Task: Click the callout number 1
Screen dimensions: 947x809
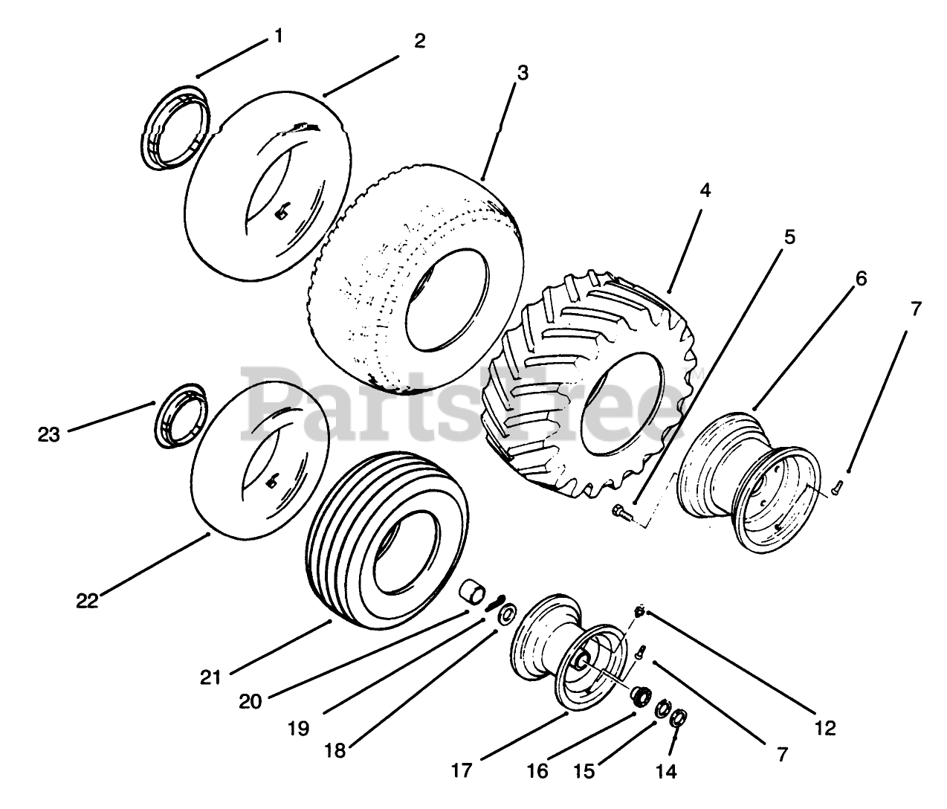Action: pos(278,36)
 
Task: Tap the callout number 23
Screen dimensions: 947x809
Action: pos(49,434)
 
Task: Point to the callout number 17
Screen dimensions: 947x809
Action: pos(462,770)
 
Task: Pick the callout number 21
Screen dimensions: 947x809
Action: pos(211,677)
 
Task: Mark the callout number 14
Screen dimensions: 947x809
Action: pos(667,771)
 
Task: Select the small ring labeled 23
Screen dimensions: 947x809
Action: pos(178,416)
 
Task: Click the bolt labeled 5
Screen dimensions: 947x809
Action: pos(621,511)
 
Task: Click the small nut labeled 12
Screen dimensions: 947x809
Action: pos(639,610)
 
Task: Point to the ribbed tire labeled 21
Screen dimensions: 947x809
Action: pos(387,535)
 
